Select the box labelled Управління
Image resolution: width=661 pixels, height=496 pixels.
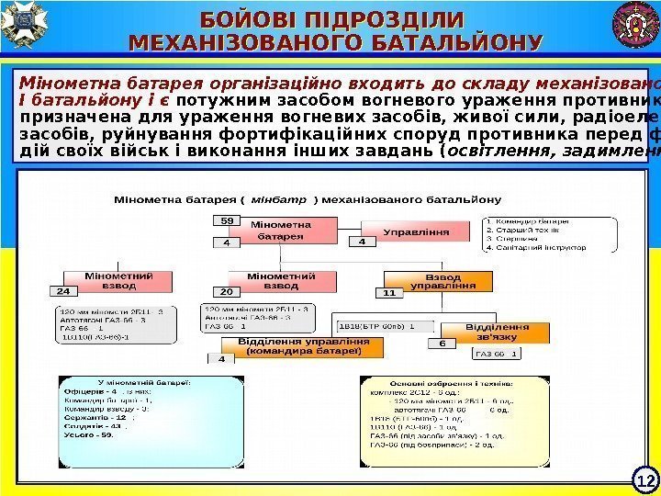pos(417,232)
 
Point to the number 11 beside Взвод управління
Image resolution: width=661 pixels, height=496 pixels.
pos(388,293)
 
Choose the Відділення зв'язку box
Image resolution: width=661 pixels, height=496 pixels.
pos(496,332)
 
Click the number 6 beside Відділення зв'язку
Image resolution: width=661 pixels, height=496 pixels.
pos(442,343)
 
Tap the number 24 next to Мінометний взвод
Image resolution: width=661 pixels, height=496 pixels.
pos(62,291)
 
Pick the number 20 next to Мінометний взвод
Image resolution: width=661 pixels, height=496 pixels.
pos(227,291)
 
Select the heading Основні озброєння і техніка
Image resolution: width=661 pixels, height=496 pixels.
pos(443,383)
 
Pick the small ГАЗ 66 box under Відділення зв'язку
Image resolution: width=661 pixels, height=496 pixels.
pos(497,353)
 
